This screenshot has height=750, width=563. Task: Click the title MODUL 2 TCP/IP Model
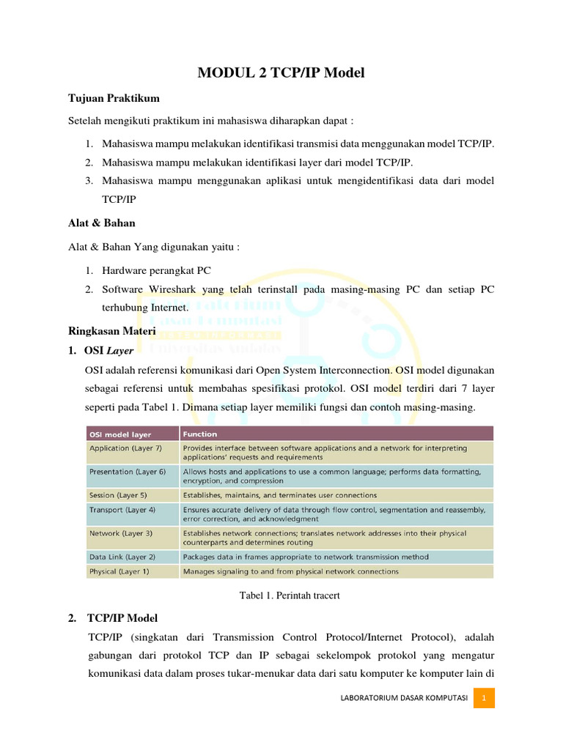tap(281, 73)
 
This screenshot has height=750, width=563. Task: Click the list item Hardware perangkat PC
tap(156, 270)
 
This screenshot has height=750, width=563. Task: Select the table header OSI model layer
tap(120, 434)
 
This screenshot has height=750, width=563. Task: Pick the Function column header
tap(200, 434)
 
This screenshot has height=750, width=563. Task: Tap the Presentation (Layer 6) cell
tap(128, 472)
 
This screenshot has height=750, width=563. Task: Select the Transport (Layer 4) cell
tap(122, 509)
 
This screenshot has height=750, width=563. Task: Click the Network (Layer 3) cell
tap(121, 533)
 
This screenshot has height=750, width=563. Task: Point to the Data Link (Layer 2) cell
tap(122, 557)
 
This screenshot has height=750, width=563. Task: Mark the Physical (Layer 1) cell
tap(119, 571)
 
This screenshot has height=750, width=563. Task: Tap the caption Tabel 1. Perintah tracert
tap(290, 595)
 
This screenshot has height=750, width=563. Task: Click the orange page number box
tap(483, 698)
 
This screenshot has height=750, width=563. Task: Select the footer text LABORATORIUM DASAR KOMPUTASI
tap(405, 698)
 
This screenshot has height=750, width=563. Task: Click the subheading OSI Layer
tap(109, 351)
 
